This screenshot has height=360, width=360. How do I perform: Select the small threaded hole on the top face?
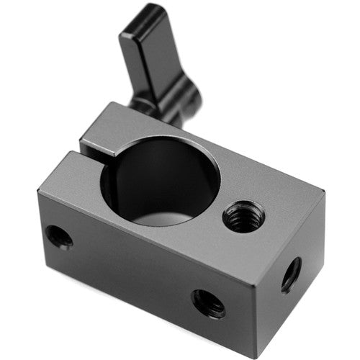tap(243, 216)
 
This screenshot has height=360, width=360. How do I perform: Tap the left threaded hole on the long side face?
tap(59, 237)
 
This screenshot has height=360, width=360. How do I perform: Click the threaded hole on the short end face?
tap(292, 274)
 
